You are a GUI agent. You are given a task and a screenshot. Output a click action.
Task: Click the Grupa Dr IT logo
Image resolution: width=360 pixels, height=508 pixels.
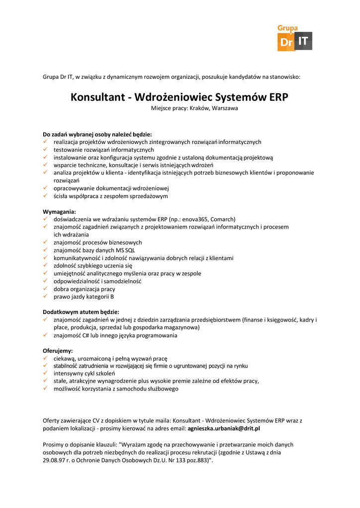click(x=294, y=38)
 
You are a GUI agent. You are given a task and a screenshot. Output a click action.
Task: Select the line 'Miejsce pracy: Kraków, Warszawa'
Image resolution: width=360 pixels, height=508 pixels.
click(x=195, y=108)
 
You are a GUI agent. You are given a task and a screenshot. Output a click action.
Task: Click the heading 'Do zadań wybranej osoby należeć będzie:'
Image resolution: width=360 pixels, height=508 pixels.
click(x=97, y=134)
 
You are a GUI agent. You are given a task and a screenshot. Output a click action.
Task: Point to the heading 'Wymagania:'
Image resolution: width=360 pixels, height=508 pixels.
click(x=59, y=211)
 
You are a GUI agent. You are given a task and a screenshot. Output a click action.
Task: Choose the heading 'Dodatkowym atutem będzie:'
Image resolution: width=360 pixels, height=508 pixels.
click(x=81, y=312)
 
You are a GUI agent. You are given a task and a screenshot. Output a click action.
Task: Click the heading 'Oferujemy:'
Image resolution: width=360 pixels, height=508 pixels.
click(x=58, y=350)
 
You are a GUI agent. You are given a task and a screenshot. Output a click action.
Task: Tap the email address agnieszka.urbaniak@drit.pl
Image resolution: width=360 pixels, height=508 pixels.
click(x=224, y=428)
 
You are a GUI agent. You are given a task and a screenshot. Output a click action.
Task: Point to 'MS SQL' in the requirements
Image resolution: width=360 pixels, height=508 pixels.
click(x=126, y=250)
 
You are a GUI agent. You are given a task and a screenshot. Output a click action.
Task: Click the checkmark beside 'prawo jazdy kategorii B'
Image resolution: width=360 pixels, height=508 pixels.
click(x=45, y=297)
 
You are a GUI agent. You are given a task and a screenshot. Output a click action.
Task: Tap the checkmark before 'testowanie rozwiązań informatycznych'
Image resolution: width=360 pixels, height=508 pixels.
click(x=45, y=149)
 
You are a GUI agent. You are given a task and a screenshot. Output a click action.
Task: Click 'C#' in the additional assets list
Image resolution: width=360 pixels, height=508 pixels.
click(x=86, y=335)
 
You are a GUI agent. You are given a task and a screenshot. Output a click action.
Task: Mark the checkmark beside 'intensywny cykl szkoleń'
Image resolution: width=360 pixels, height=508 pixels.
click(x=45, y=374)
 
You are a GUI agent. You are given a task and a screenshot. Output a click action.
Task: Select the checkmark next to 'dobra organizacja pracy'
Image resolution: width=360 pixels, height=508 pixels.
click(x=45, y=289)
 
